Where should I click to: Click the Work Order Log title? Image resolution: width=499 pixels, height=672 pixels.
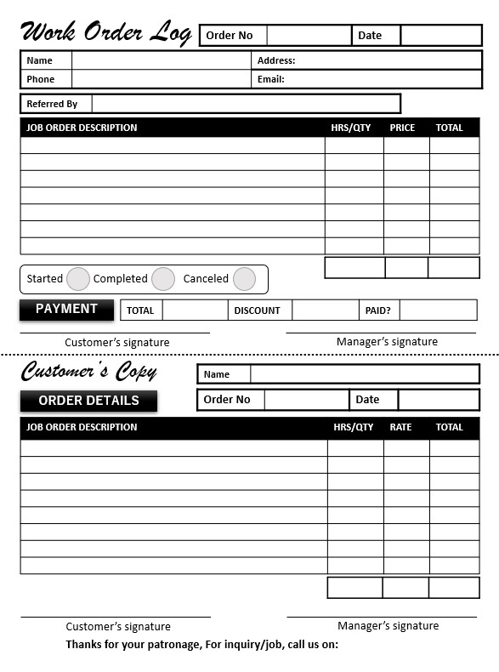[105, 32]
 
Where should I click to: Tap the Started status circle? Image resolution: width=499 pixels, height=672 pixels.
[78, 279]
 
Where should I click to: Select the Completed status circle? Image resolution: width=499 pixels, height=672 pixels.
[163, 279]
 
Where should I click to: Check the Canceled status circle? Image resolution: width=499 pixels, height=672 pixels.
[244, 279]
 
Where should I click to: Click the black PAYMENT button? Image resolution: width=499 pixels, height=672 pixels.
[66, 310]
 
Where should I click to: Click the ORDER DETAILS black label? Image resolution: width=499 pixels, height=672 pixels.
[88, 401]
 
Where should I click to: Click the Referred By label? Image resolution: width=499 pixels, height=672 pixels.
[52, 104]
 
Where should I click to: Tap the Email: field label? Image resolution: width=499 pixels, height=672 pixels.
[271, 79]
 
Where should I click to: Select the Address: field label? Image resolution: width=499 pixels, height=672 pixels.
[276, 60]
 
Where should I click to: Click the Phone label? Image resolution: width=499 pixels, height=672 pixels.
[40, 79]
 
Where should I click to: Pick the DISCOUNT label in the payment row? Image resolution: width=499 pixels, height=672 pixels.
[257, 310]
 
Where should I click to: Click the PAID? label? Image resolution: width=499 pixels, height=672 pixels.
[377, 310]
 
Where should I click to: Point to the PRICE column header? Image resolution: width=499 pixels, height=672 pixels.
[402, 128]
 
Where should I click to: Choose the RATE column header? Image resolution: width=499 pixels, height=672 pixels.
[400, 427]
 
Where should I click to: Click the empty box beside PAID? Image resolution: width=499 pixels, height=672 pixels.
[438, 310]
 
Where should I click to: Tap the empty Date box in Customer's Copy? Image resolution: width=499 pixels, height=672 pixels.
[439, 400]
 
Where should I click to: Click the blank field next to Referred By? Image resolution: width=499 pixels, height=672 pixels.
[246, 104]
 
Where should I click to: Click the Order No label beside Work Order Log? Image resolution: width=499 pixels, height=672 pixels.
[230, 36]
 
